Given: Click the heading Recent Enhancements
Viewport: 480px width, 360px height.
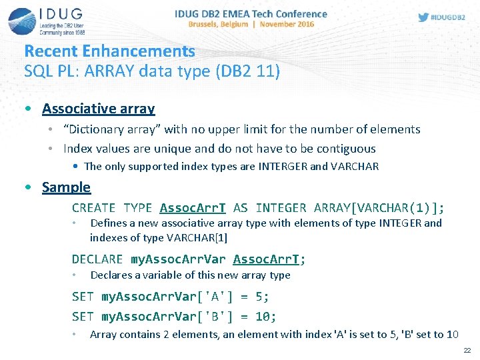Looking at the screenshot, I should point(109,51).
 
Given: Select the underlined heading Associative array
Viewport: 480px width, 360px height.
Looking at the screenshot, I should point(98,108).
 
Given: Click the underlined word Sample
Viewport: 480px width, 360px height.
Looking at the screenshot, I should point(66,187).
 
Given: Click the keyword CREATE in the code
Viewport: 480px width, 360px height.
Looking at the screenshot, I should point(93,208).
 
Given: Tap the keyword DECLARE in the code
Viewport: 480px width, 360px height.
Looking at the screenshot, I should point(97,259).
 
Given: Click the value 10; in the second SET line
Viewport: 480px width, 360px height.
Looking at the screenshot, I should point(266,317).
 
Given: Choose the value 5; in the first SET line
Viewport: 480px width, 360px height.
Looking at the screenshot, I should point(262,297).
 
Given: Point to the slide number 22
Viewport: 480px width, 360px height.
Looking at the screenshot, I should point(467,350).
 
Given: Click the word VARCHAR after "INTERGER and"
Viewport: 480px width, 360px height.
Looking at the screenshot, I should point(354,167).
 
